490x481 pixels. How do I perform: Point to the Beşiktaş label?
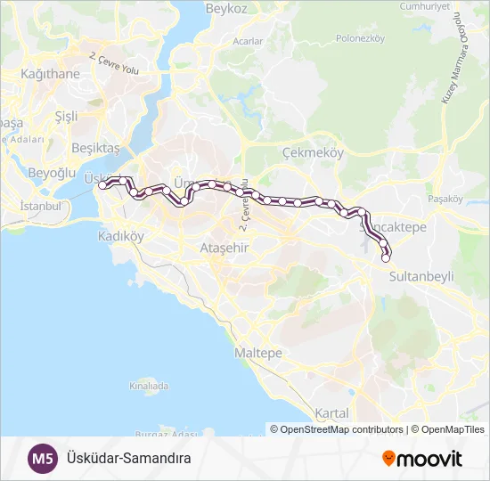click(95, 147)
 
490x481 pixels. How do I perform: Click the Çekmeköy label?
click(312, 153)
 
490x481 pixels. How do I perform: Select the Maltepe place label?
click(257, 354)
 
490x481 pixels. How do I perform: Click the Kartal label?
click(331, 413)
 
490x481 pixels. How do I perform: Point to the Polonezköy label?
click(359, 38)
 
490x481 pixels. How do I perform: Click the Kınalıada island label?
click(149, 387)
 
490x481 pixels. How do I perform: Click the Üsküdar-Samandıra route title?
click(129, 459)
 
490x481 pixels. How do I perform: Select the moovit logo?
click(422, 459)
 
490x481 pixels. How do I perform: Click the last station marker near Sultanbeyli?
click(387, 259)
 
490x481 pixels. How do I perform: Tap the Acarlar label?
click(248, 41)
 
